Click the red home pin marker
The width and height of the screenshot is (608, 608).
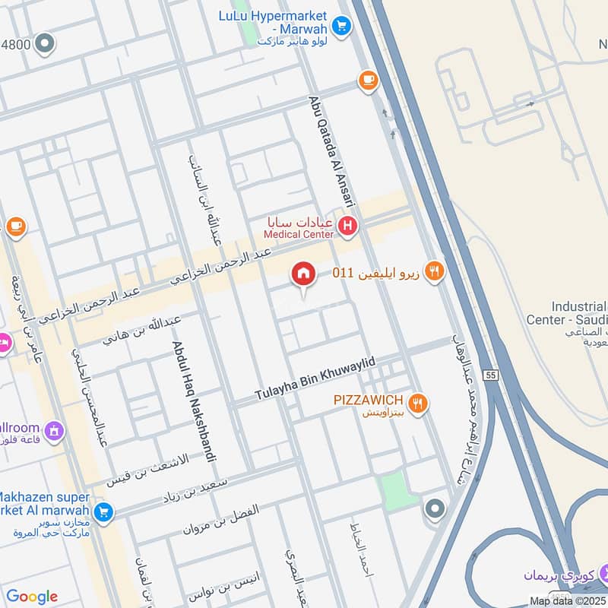click(303, 274)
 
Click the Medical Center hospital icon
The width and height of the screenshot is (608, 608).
click(348, 225)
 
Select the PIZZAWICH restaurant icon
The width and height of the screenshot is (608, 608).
click(416, 403)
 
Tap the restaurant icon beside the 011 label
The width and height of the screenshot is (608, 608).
click(434, 271)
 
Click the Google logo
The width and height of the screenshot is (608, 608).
click(32, 597)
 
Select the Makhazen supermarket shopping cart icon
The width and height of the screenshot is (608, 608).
click(104, 512)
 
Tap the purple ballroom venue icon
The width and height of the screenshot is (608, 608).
click(54, 432)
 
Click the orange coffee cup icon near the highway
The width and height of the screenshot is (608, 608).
click(368, 81)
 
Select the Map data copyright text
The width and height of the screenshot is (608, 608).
click(568, 601)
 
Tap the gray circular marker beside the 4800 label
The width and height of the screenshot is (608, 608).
click(46, 43)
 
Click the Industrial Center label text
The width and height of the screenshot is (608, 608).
click(565, 313)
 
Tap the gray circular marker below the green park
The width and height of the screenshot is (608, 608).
click(435, 508)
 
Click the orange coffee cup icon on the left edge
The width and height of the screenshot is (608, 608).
click(15, 226)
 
